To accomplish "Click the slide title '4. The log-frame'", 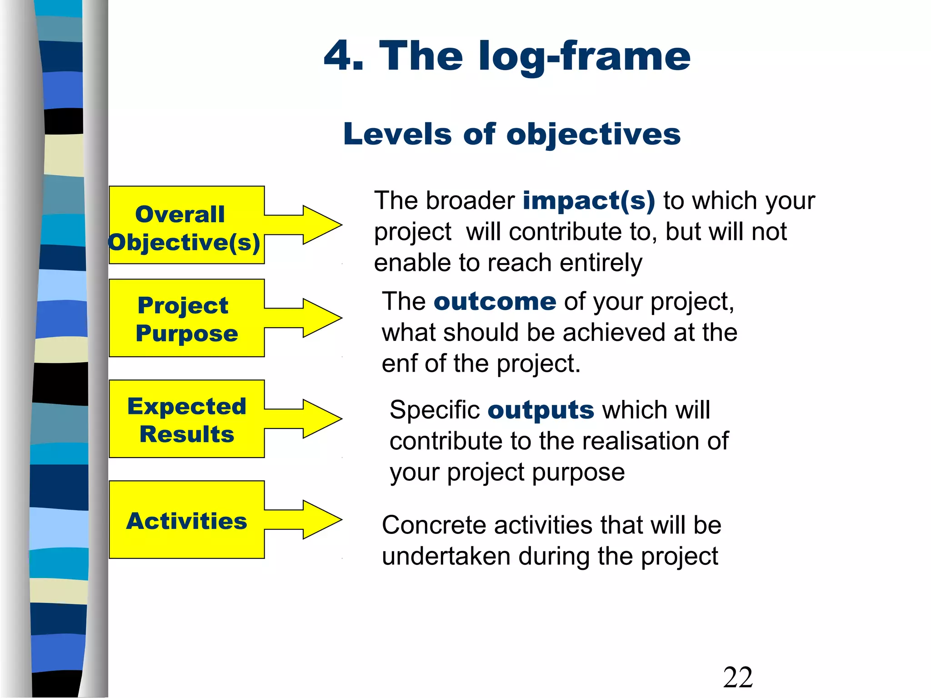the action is [x=507, y=56].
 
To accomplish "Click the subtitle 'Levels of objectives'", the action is [x=512, y=135].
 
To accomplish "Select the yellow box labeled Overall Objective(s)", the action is [x=186, y=225].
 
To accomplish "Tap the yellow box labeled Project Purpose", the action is [x=186, y=318].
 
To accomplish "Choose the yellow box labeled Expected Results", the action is [x=186, y=419].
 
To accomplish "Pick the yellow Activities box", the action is [x=186, y=520].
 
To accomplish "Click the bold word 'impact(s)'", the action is [x=589, y=201].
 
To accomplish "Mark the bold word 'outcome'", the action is [x=495, y=302].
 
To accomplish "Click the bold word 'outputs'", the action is [x=541, y=410].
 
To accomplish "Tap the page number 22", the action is [x=738, y=678].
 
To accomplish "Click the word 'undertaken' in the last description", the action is [x=446, y=557].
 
